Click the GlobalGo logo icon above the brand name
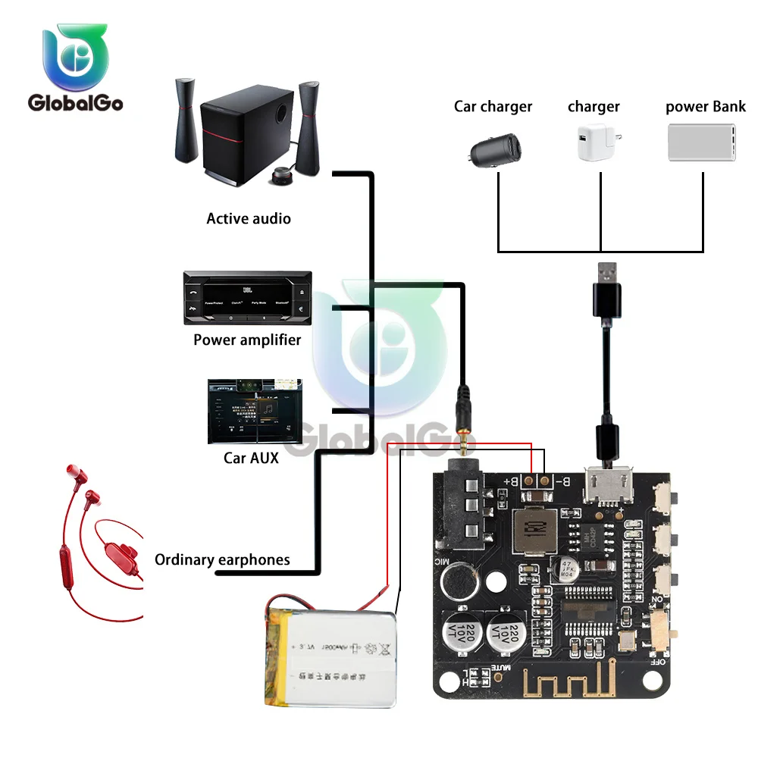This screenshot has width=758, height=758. (x=76, y=58)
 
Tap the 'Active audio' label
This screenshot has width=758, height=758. (x=249, y=218)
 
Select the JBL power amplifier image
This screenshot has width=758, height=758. (x=247, y=298)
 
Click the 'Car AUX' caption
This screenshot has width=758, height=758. (x=251, y=457)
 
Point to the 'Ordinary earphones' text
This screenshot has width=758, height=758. (x=222, y=560)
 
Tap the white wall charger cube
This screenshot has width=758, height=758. (x=596, y=143)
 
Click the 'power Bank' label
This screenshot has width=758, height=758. (x=705, y=106)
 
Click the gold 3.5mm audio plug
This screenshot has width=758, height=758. (x=462, y=432)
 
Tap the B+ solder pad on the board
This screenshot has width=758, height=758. (x=528, y=481)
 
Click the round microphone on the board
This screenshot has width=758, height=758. (x=458, y=580)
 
